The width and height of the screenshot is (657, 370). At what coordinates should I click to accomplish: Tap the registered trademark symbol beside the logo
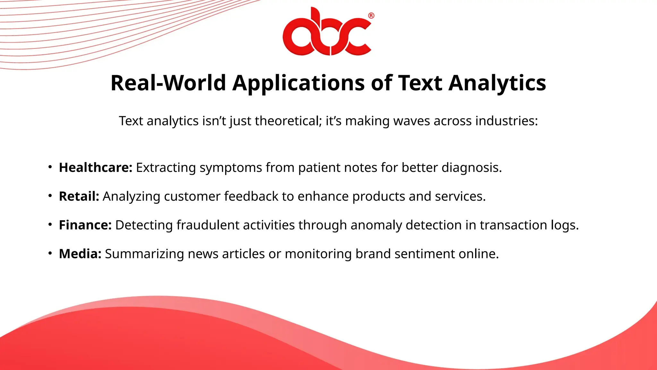point(371,16)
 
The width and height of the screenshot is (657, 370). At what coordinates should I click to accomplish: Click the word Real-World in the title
point(168,83)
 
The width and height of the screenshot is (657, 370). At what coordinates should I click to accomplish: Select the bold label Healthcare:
point(96,168)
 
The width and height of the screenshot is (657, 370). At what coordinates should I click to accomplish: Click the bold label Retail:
point(79,196)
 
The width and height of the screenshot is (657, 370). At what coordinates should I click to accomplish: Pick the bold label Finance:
point(85,225)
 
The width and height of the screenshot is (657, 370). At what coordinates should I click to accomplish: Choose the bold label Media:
point(80,254)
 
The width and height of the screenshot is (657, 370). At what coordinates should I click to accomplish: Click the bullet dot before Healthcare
point(50,167)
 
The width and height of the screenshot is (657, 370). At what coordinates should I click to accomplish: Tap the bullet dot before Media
point(50,253)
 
